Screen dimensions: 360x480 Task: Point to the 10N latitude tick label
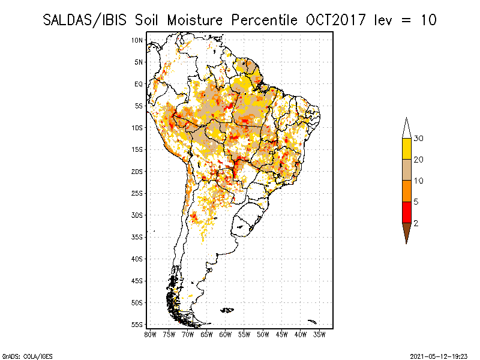click(137, 40)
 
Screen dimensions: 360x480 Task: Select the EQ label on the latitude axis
click(139, 84)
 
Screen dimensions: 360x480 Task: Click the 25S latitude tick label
click(137, 193)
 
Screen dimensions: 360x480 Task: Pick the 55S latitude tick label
click(137, 325)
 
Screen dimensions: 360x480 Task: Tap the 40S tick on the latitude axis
click(137, 259)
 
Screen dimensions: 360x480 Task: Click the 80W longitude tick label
click(150, 335)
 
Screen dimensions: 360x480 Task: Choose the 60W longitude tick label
click(226, 335)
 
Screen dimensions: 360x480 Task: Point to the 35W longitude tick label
click(320, 335)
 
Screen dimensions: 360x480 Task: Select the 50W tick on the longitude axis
click(263, 335)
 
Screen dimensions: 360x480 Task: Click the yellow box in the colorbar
click(406, 149)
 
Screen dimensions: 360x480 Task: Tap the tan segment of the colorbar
click(406, 170)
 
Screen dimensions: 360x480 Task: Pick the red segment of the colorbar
click(406, 212)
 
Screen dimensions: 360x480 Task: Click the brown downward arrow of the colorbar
click(406, 231)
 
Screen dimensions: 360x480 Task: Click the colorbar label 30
click(418, 139)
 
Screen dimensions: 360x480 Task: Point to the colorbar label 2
click(416, 223)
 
